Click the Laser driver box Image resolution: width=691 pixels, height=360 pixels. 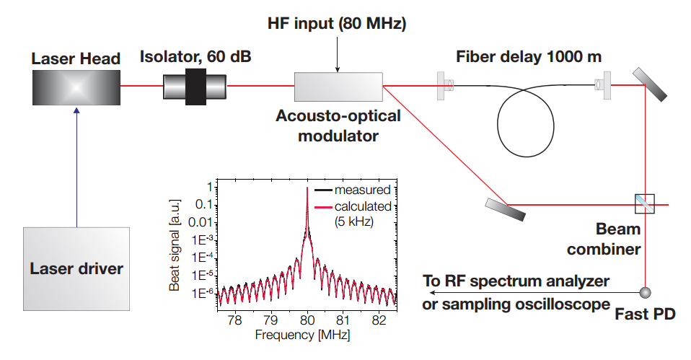(76, 268)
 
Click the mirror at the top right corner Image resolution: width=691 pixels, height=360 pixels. (650, 85)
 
